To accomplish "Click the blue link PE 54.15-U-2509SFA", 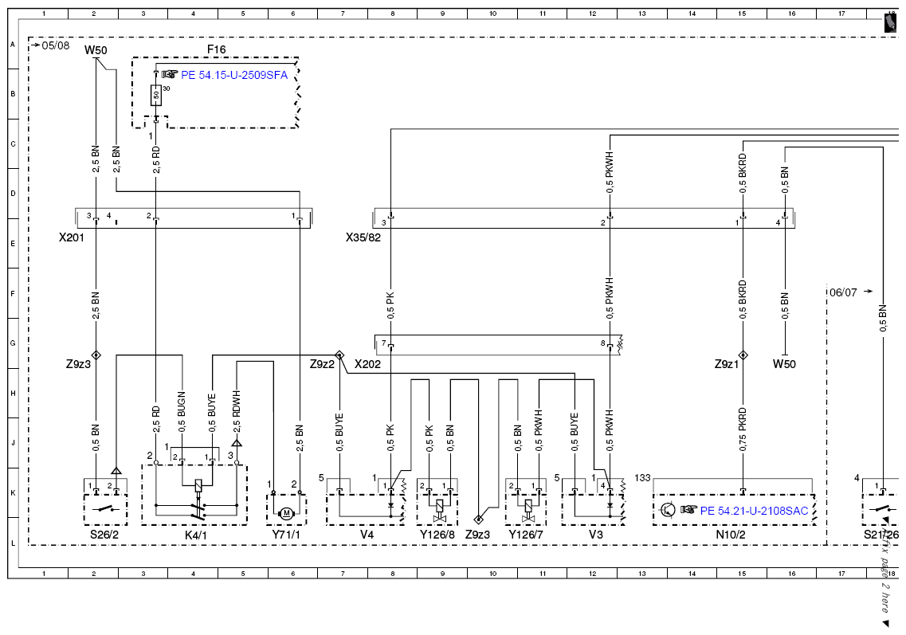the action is point(234,75).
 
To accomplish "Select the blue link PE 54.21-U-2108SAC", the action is point(754,511).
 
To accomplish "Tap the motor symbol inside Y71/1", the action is point(287,513).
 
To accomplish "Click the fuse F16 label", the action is point(217,49).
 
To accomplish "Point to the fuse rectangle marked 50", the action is point(156,95).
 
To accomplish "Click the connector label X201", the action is point(72,237).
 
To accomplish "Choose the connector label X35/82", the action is point(363,237).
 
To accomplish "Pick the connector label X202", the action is point(367,364).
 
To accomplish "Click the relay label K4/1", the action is point(196,535).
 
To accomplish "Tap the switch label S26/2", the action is point(104,535).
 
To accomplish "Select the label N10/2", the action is point(731,535).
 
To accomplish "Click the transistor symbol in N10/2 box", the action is point(668,510).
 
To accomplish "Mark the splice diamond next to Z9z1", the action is point(743,355).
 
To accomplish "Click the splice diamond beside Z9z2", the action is point(339,355).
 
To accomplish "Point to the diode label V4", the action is point(367,535).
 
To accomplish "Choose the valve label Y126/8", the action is point(437,535).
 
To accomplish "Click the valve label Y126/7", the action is point(526,535).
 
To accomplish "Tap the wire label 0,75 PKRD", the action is point(743,429).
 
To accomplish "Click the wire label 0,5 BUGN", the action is point(182,412).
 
